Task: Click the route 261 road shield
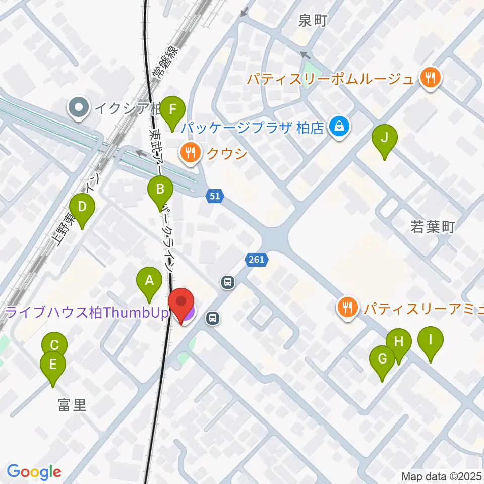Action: click(x=256, y=260)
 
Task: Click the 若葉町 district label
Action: click(x=434, y=228)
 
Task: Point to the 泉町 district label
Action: click(x=313, y=21)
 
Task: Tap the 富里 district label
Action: click(x=72, y=405)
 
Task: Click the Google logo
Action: click(x=34, y=472)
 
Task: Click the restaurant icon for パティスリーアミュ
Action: click(x=347, y=307)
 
